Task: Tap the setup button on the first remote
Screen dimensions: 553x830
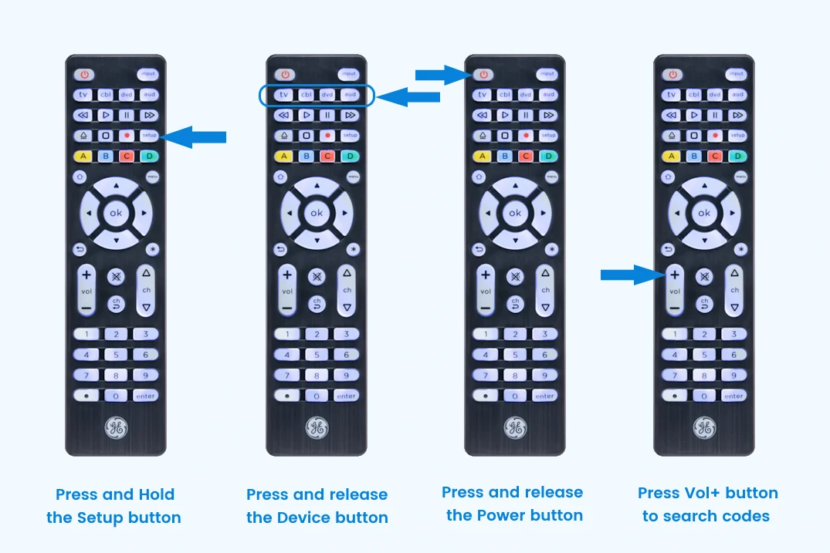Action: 149,135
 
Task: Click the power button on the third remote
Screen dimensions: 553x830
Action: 484,75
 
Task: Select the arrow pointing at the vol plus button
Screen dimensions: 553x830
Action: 631,274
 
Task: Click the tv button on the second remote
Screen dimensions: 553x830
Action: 285,95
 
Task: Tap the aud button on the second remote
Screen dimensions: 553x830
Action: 350,95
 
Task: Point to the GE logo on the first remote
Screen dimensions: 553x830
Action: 116,428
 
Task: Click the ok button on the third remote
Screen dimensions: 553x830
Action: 514,213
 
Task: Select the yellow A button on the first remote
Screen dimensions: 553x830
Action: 83,156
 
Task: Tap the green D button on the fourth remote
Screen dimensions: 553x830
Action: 737,156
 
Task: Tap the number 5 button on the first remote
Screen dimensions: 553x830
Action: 116,355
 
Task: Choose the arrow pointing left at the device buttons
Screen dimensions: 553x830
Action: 408,96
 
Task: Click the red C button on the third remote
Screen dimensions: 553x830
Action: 526,156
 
